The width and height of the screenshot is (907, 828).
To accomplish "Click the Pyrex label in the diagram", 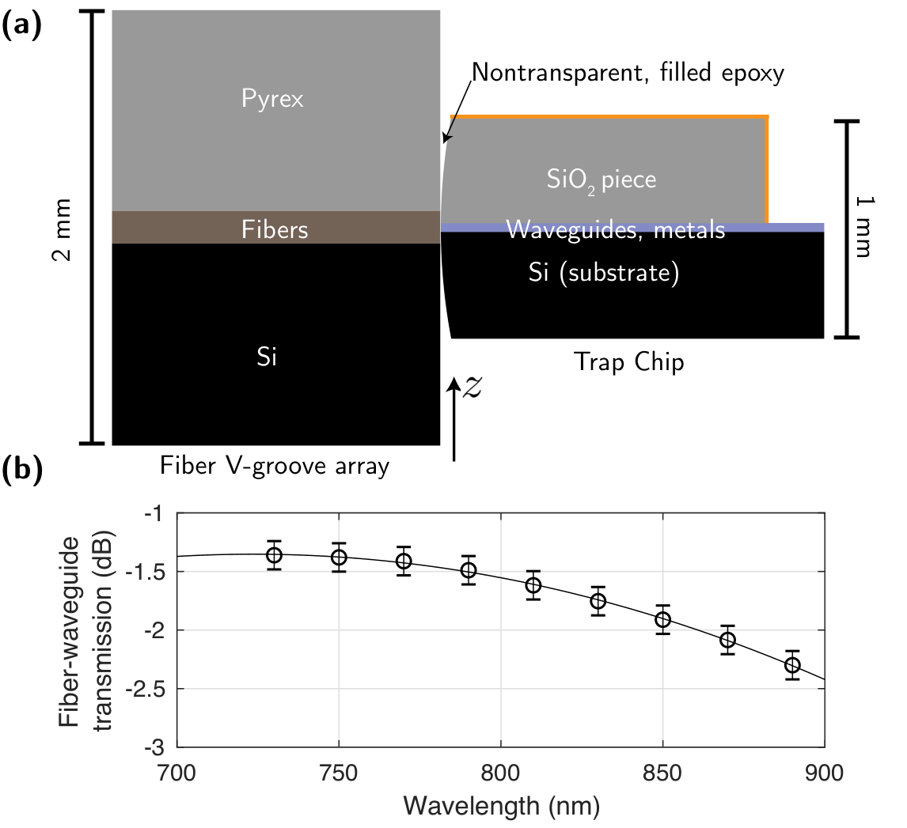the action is (272, 100).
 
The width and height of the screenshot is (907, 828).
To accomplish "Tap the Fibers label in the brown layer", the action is (274, 230).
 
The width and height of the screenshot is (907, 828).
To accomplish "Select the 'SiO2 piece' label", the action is (601, 180).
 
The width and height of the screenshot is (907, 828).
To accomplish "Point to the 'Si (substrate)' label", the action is (603, 272).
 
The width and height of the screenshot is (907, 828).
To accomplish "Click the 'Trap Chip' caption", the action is (628, 362).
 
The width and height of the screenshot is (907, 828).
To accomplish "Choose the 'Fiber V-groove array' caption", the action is (274, 466).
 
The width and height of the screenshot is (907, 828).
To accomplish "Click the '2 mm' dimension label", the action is (61, 229).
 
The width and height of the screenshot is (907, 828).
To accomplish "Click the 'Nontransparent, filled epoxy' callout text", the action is (628, 73).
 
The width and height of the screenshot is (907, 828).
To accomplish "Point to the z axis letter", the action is (472, 387).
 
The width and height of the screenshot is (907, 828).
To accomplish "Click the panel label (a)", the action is (22, 27).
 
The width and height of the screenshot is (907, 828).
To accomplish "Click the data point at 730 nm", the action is (274, 555).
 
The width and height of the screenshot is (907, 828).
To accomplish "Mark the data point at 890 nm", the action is (792, 665).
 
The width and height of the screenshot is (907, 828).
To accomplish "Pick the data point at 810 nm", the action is (533, 585).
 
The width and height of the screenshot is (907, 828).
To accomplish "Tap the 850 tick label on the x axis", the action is (662, 773).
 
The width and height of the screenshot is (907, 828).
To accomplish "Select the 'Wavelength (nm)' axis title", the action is (501, 806).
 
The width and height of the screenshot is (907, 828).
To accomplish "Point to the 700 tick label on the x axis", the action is (176, 773).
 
